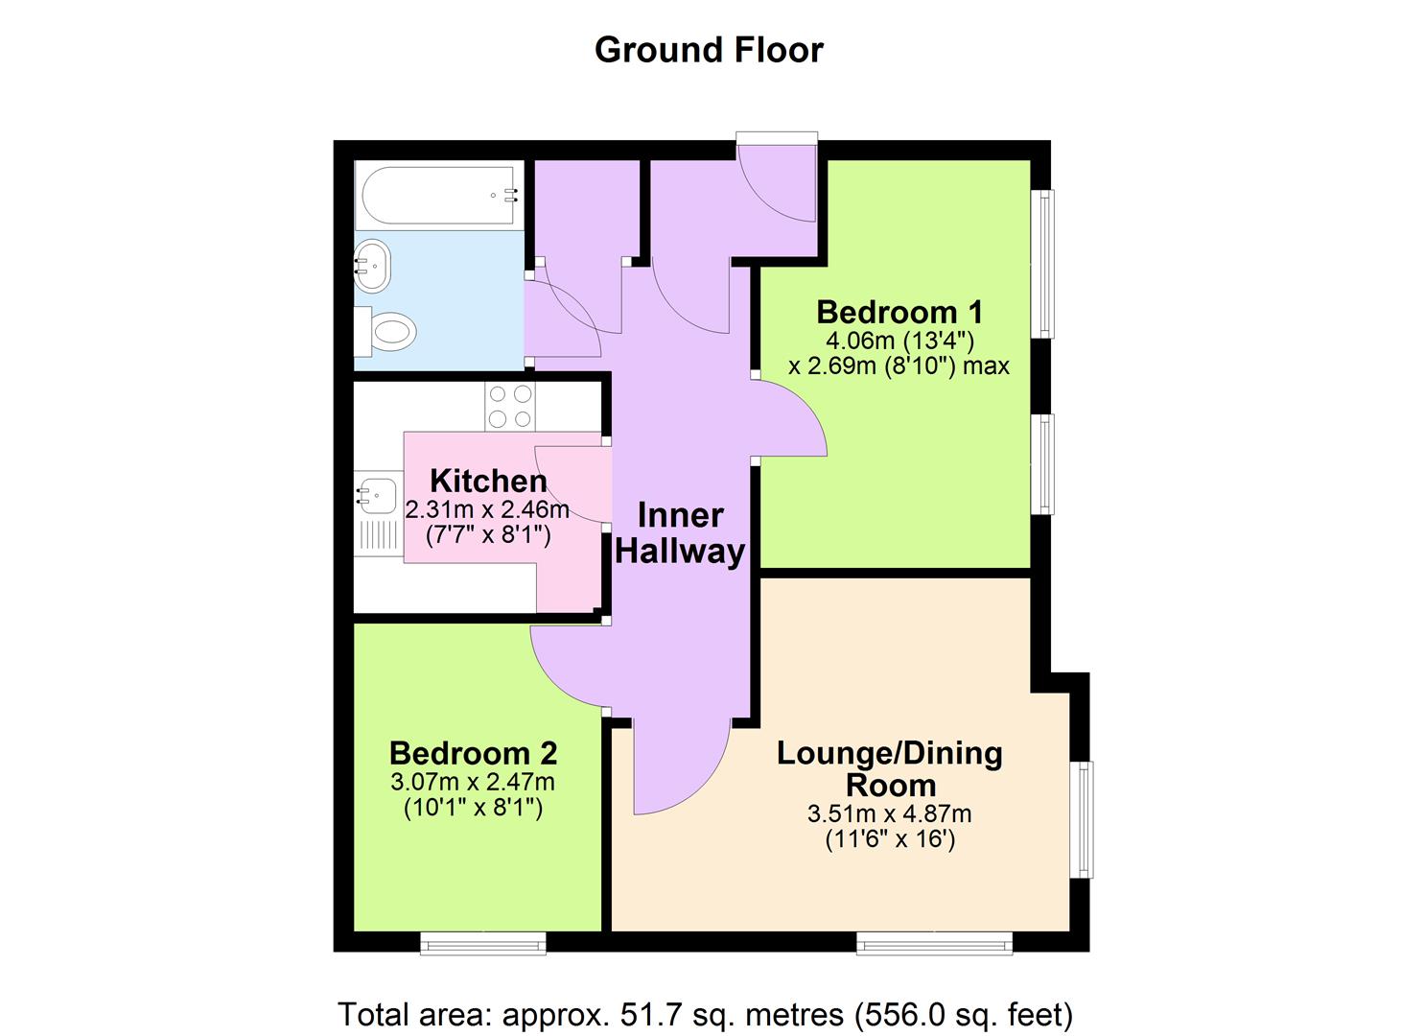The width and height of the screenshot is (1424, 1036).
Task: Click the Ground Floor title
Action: (x=709, y=50)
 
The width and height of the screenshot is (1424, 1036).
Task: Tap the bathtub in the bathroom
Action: (x=439, y=196)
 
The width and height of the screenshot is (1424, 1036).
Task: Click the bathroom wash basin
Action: (x=372, y=265)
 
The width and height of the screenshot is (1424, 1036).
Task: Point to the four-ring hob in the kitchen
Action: (x=510, y=407)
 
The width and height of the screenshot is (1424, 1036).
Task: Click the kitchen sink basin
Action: (x=377, y=493)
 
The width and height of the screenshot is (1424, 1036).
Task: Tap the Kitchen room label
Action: (x=488, y=481)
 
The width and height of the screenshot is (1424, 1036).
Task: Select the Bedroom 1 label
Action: (x=899, y=312)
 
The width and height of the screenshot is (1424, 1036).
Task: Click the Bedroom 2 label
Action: (x=473, y=753)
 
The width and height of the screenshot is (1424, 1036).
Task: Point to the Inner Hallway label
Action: (x=680, y=533)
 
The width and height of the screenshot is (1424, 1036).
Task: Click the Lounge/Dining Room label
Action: (x=890, y=768)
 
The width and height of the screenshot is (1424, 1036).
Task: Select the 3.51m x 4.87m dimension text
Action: (x=890, y=814)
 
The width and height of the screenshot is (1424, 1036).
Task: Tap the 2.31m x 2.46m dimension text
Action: (x=487, y=509)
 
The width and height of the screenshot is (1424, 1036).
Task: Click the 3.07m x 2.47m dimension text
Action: (x=473, y=782)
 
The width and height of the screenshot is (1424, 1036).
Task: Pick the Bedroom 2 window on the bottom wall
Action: (x=483, y=944)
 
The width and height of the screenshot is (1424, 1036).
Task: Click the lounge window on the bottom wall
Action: (x=934, y=944)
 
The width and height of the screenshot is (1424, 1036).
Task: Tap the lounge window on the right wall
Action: (x=1082, y=819)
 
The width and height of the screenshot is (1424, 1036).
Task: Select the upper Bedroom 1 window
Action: (x=1042, y=264)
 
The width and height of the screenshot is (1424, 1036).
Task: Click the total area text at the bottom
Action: (x=705, y=1014)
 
